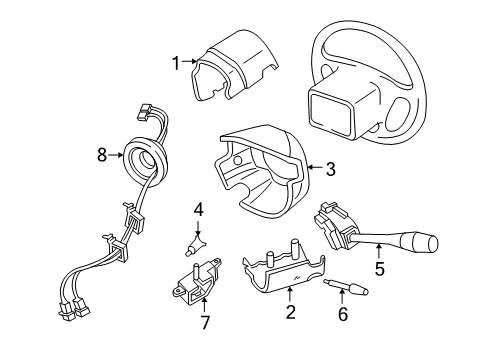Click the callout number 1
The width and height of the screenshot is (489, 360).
point(175,62)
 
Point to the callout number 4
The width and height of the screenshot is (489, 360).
point(198,210)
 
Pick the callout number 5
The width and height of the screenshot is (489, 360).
point(378,267)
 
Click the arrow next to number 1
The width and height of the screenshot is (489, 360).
point(190,62)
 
